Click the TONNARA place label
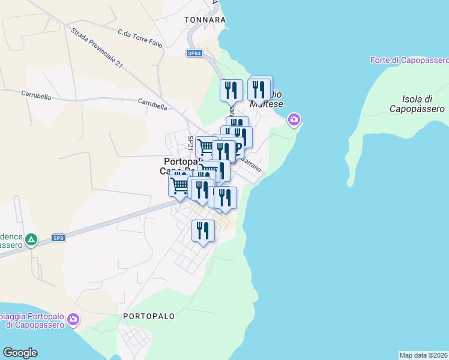pos(205,20)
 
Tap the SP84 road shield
pos(194,53)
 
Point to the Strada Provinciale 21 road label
pos(97,47)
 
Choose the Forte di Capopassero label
pos(409,61)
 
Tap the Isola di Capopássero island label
pos(417,104)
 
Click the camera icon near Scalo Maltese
pos(294,121)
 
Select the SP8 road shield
pos(58,238)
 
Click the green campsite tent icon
pos(31,241)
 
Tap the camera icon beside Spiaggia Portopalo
pos(73,320)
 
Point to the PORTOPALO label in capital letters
pos(148,316)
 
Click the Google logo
pos(20,353)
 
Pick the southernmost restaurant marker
pos(203,230)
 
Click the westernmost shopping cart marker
pos(179,185)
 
